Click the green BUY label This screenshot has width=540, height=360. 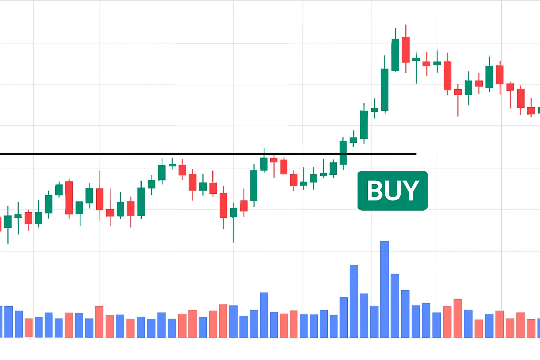point(393,191)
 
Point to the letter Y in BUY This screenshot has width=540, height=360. point(410,191)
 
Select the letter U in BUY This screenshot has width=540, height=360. point(393,191)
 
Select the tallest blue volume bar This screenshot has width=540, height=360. point(385,289)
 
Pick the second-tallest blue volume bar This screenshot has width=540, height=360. point(354,301)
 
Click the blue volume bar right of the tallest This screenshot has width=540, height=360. point(395,306)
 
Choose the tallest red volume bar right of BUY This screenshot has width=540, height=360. point(458,318)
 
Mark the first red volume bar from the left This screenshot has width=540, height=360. point(29,328)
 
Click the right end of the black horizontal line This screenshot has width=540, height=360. point(416,154)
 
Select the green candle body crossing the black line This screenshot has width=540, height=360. point(343,153)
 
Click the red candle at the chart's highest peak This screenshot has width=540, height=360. point(406,50)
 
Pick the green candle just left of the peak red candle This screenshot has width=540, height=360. point(395,55)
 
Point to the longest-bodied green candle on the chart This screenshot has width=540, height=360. point(385,90)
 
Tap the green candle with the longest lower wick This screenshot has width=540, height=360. point(234,213)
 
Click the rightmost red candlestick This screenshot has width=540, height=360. point(531,111)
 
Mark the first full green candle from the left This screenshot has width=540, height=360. point(8,221)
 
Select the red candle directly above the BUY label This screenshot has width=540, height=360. point(406,50)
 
